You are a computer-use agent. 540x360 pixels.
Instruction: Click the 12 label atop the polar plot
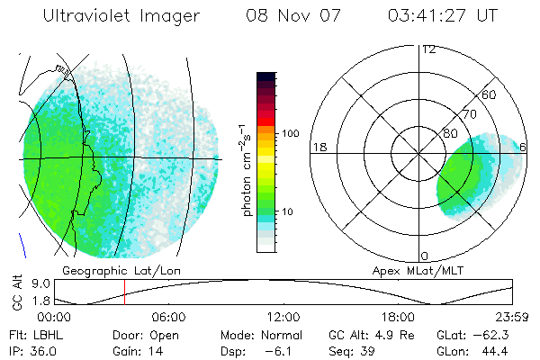428,49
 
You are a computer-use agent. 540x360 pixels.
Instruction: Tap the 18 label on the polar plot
319,146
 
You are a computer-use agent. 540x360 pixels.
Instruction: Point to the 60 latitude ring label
490,94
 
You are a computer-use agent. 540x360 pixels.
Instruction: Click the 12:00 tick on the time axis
283,317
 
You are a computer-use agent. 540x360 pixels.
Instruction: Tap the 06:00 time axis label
168,317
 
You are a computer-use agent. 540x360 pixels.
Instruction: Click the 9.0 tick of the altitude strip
38,283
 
